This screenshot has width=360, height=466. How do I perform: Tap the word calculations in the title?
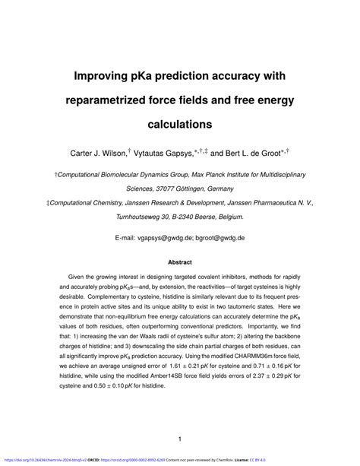coord(179,122)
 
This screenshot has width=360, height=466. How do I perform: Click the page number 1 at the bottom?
coord(180,439)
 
